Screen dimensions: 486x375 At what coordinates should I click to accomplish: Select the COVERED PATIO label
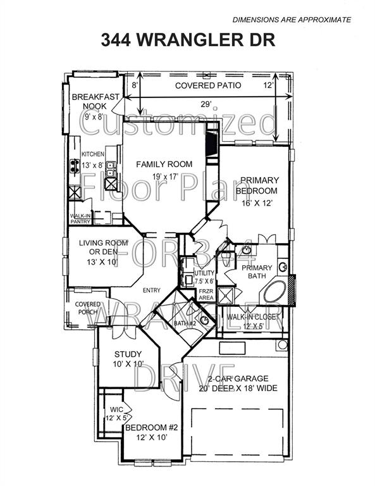tap(199, 85)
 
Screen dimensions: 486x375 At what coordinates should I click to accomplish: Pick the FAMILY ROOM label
tap(164, 165)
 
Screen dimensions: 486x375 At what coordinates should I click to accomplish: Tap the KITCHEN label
tap(92, 154)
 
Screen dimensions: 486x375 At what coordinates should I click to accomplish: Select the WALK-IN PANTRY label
tap(80, 218)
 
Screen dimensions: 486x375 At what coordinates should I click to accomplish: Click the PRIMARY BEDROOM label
tap(257, 185)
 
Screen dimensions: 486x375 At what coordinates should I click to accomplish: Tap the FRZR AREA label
tap(206, 296)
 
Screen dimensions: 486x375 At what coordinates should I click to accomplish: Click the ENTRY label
tap(152, 290)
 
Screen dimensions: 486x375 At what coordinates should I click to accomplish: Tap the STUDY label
tap(127, 354)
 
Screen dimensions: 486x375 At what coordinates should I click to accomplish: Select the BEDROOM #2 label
tap(152, 428)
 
